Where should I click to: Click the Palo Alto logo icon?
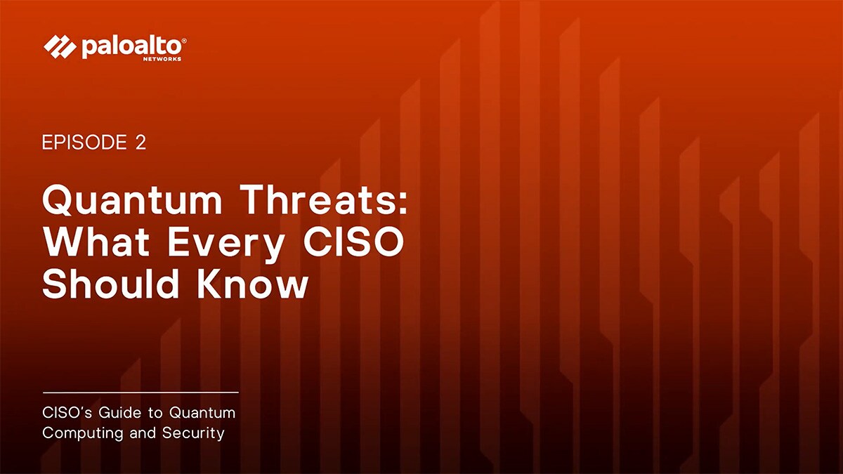(x=59, y=47)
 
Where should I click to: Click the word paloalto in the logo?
(x=130, y=47)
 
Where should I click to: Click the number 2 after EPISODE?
(x=140, y=143)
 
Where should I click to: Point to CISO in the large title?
(x=352, y=242)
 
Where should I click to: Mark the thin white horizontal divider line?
(x=140, y=392)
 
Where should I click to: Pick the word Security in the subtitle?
(x=193, y=433)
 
